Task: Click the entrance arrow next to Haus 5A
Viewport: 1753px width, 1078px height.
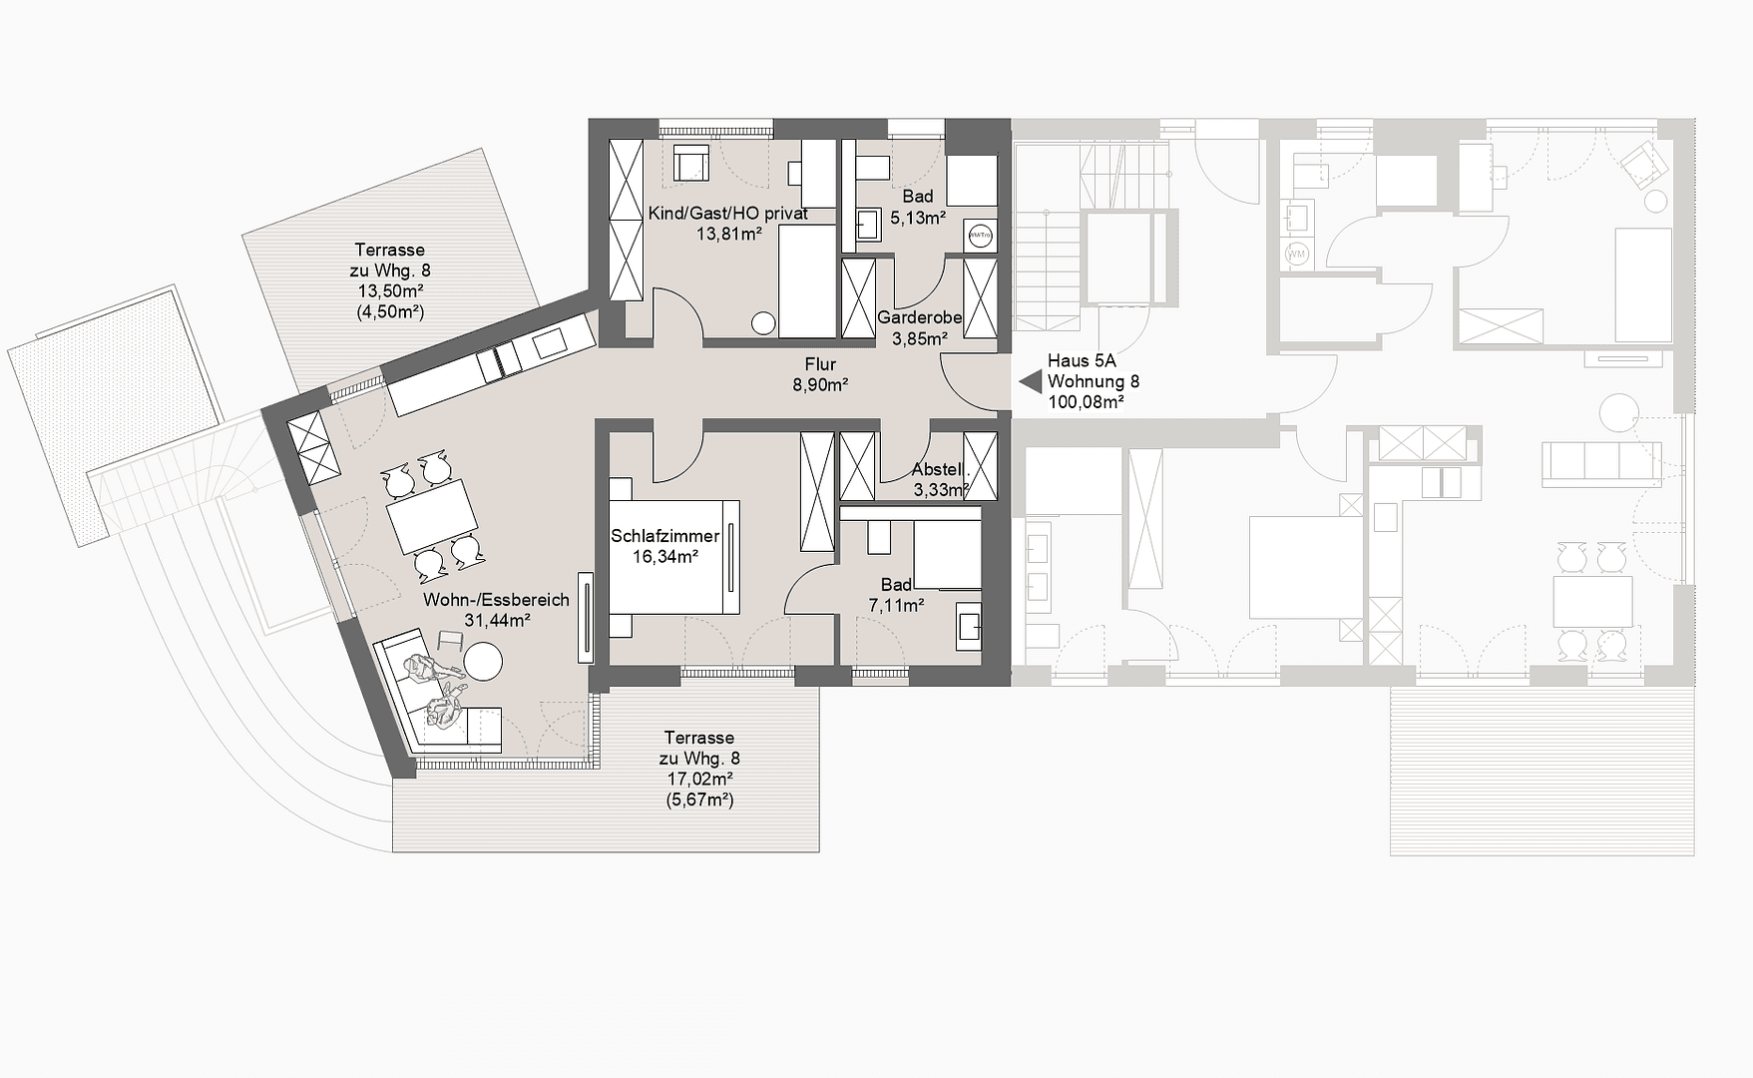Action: coord(1029,380)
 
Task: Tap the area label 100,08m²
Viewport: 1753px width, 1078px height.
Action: coord(1086,402)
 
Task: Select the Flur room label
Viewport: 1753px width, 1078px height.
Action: coord(820,364)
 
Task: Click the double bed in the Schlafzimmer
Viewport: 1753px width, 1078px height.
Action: coord(674,557)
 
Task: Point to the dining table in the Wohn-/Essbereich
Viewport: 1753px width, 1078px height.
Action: coord(432,517)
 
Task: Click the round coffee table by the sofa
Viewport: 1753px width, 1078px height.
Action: coord(484,661)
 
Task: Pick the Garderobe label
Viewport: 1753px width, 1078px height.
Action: coord(919,317)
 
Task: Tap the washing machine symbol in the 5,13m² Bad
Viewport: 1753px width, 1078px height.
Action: coord(980,236)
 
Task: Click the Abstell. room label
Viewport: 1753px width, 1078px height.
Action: coord(938,469)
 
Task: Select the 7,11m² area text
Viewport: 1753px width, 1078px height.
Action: coord(896,605)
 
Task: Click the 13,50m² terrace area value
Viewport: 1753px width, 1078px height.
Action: coord(390,290)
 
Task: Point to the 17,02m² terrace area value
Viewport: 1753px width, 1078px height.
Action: coord(699,779)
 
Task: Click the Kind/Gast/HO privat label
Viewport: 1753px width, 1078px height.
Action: coord(727,214)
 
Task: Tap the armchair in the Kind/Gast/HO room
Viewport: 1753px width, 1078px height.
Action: coord(690,163)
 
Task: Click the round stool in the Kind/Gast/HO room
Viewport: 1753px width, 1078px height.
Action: coord(763,323)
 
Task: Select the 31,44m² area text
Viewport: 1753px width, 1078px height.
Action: coord(496,620)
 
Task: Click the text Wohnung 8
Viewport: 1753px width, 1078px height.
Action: coord(1093,381)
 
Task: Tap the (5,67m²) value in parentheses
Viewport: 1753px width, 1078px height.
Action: coord(699,800)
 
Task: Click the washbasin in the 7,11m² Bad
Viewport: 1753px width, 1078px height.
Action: coord(967,626)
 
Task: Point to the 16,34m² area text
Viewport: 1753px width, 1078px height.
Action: coord(664,556)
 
